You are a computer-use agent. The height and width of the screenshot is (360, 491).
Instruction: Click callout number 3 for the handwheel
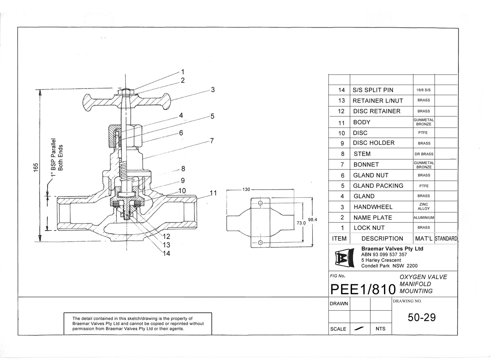(213, 90)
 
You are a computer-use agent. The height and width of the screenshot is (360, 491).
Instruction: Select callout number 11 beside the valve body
(213, 193)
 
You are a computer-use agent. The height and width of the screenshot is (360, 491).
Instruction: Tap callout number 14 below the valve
(166, 254)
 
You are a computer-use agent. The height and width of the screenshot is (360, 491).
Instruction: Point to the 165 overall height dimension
(36, 168)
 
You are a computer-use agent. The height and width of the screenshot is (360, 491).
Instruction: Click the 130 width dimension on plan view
(246, 189)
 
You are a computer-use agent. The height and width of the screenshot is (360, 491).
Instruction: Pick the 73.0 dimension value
(301, 223)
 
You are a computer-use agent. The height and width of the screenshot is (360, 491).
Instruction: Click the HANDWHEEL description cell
(373, 207)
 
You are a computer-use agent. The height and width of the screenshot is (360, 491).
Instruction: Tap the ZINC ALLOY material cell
(424, 207)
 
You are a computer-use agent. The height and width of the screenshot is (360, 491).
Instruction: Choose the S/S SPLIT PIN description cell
(373, 90)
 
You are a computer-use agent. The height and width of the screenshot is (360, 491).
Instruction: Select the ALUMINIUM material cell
(424, 218)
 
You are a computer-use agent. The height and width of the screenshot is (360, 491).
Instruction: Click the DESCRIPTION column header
(382, 239)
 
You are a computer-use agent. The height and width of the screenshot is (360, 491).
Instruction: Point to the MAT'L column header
(424, 239)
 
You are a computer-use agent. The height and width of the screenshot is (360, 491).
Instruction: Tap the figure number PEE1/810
(363, 289)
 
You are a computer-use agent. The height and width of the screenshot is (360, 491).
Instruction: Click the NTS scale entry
(381, 329)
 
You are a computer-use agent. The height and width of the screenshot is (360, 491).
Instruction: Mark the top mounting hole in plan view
(260, 203)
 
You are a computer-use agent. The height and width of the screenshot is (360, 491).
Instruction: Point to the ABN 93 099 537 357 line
(384, 255)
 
